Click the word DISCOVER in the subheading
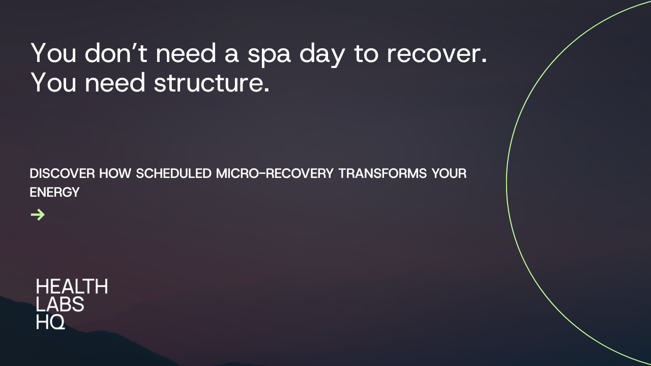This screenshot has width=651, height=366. point(62,174)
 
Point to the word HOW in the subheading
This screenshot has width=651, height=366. point(115,174)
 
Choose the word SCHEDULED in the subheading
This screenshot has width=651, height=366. point(174,174)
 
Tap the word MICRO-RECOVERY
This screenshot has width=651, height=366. point(275,174)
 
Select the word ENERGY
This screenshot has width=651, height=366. point(54,192)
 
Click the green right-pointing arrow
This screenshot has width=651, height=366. point(38,215)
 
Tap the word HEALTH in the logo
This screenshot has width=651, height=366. point(72,287)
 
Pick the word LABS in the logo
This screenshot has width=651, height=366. point(60,304)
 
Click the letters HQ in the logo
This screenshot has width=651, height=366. point(51,322)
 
